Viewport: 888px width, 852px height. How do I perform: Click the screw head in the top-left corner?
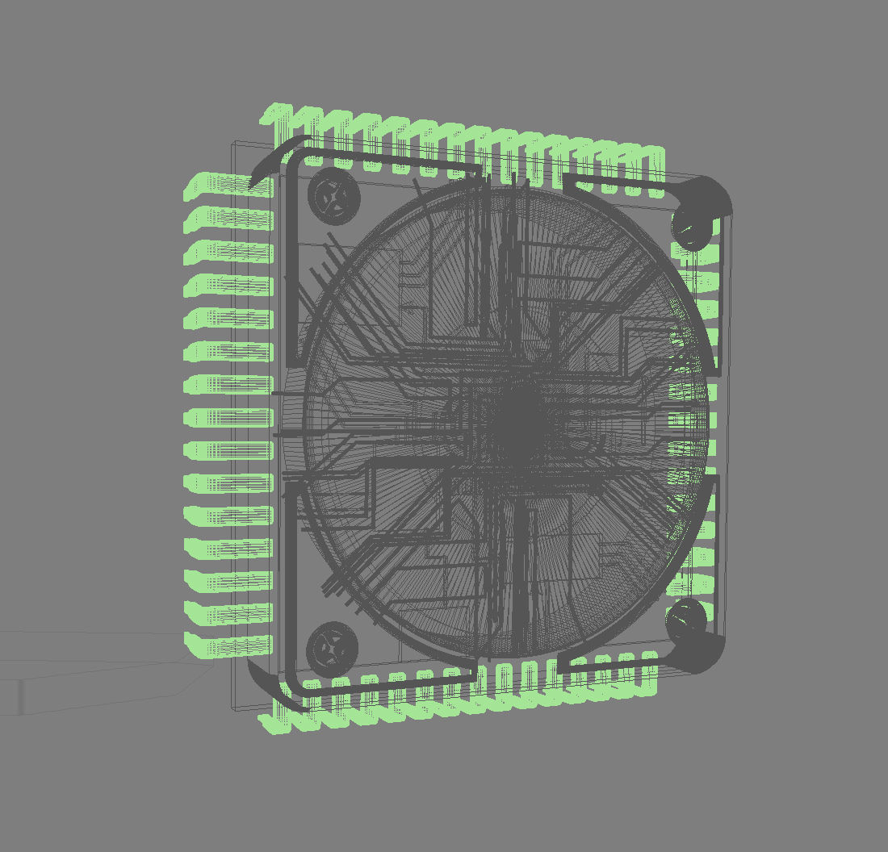click(333, 197)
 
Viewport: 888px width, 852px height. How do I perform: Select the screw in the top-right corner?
click(692, 227)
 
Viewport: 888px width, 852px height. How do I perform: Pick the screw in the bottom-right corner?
click(686, 620)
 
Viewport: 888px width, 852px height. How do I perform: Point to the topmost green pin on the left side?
click(226, 187)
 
